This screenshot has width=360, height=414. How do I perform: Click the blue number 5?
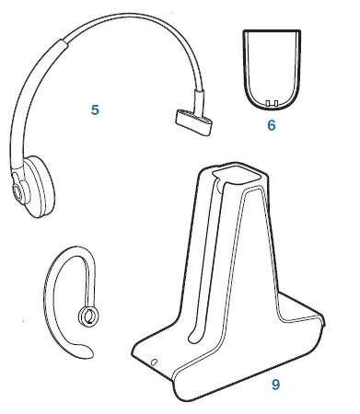pyautogui.click(x=94, y=109)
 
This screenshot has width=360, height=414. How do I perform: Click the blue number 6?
pyautogui.click(x=272, y=124)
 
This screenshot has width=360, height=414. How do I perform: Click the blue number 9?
pyautogui.click(x=275, y=385)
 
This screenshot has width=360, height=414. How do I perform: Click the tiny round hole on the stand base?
pyautogui.click(x=154, y=361)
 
